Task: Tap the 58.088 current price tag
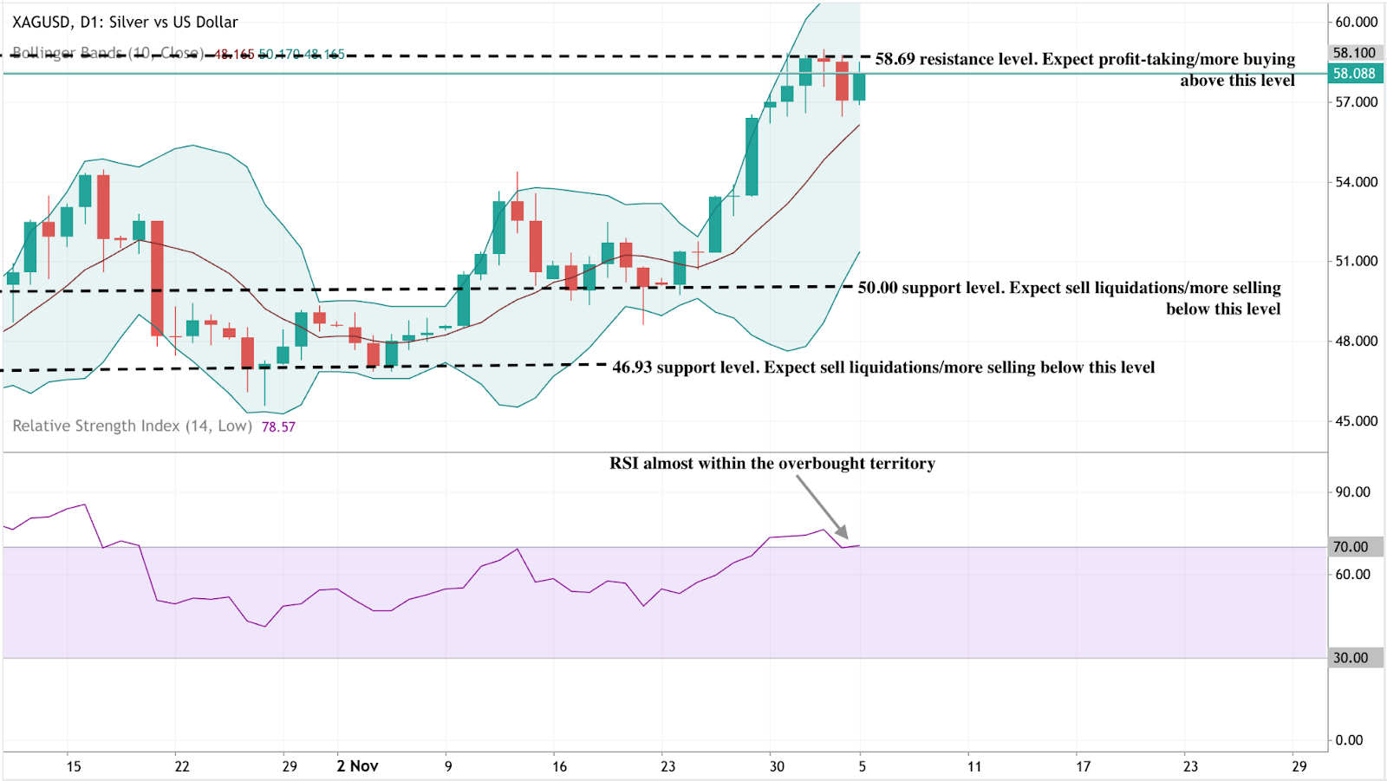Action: point(1354,74)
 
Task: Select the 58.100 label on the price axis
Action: point(1354,53)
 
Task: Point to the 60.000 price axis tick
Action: point(1356,22)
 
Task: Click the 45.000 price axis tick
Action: point(1356,421)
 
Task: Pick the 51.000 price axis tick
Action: point(1356,261)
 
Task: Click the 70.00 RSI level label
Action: point(1351,547)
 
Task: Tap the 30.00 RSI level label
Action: point(1351,658)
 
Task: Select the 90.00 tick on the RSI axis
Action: point(1352,492)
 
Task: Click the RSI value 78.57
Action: point(278,427)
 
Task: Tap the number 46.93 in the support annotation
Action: point(632,368)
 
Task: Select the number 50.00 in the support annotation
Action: point(877,288)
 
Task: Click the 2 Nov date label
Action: point(357,766)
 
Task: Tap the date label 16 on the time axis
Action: point(559,766)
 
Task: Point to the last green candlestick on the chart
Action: point(859,87)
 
